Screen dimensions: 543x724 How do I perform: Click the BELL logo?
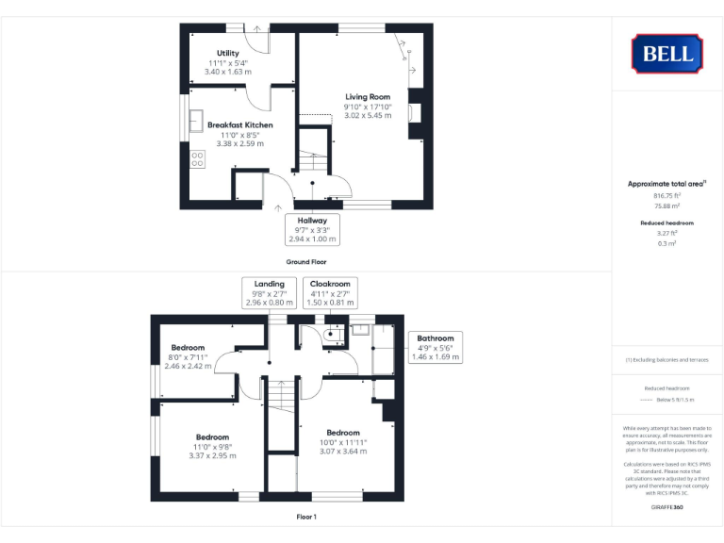pyautogui.click(x=667, y=54)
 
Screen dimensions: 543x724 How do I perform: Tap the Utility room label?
pyautogui.click(x=227, y=53)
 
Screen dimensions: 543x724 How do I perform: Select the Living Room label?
pyautogui.click(x=367, y=97)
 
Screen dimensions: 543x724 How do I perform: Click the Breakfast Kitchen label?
pyautogui.click(x=240, y=124)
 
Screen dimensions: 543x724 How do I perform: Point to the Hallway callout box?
pyautogui.click(x=311, y=229)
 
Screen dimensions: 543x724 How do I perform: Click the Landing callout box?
pyautogui.click(x=269, y=293)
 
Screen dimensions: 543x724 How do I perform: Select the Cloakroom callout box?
pyautogui.click(x=331, y=293)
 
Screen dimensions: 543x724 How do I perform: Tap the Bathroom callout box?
pyautogui.click(x=436, y=347)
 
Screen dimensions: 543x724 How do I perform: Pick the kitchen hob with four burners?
pyautogui.click(x=198, y=159)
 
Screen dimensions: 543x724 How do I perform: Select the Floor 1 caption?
pyautogui.click(x=306, y=517)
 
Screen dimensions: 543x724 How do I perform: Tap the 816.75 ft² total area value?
pyautogui.click(x=666, y=195)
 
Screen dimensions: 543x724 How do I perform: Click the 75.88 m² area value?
pyautogui.click(x=666, y=205)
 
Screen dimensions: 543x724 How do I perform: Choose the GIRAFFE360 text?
pyautogui.click(x=666, y=508)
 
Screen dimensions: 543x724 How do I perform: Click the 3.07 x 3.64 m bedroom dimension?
pyautogui.click(x=342, y=452)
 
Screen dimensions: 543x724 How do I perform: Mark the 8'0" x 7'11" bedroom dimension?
pyautogui.click(x=186, y=357)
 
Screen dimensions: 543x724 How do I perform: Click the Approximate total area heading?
pyautogui.click(x=666, y=184)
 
